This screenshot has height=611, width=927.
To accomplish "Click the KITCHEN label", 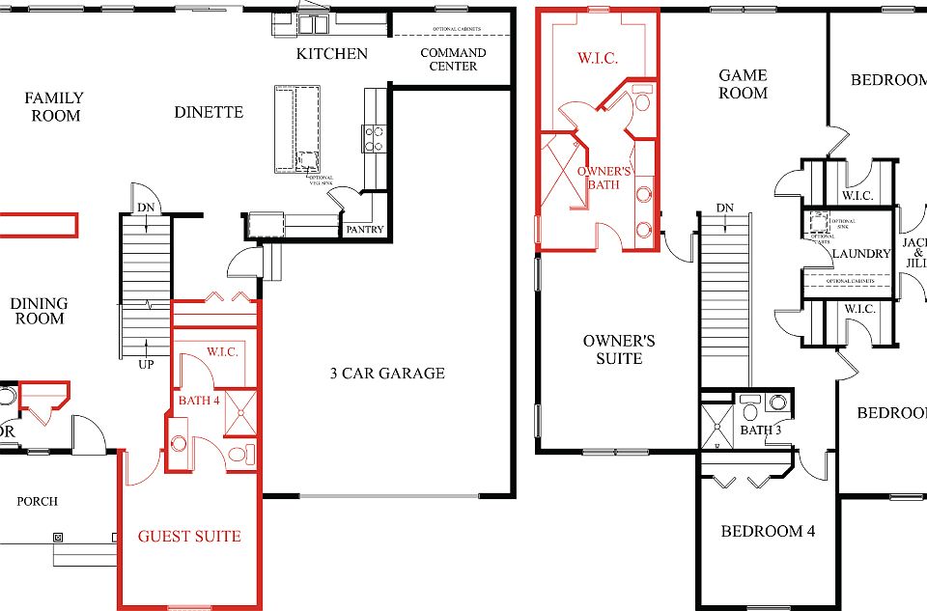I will (331, 53).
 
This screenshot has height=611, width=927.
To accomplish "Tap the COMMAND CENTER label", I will (453, 59).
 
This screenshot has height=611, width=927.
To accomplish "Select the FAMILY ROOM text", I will (53, 106).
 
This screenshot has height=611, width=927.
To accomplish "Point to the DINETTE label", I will (209, 112).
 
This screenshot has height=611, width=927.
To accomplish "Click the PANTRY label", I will (364, 230).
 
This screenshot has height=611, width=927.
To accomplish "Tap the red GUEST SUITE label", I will (188, 536).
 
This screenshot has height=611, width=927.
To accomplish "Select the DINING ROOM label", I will (40, 311).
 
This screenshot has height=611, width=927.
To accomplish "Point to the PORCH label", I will (38, 501).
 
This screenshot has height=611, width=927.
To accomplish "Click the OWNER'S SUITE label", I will (619, 349).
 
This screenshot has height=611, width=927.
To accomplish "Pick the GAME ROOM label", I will (743, 84).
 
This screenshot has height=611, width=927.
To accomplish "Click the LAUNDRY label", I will (859, 254).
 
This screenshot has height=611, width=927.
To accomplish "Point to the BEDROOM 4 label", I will (761, 531).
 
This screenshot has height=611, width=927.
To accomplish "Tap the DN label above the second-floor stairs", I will (724, 208).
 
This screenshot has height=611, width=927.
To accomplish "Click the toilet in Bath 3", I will (750, 412).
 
